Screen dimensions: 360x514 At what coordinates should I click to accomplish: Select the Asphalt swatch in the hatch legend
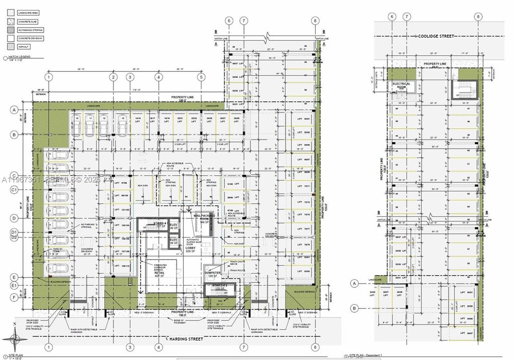tap(11, 47)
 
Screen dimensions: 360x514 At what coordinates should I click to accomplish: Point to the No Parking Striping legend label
tap(30, 30)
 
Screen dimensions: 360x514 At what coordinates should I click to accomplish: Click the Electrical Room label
tap(401, 85)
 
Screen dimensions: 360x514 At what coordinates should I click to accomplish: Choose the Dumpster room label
tap(213, 274)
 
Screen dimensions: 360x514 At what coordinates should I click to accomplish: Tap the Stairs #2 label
tap(220, 285)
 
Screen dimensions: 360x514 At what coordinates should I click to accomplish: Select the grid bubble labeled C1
tap(15, 189)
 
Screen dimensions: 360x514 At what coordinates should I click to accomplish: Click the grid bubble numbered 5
tap(201, 77)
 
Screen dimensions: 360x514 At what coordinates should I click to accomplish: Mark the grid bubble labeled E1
tap(15, 286)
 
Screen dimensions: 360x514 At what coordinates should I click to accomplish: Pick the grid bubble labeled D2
tap(15, 237)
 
